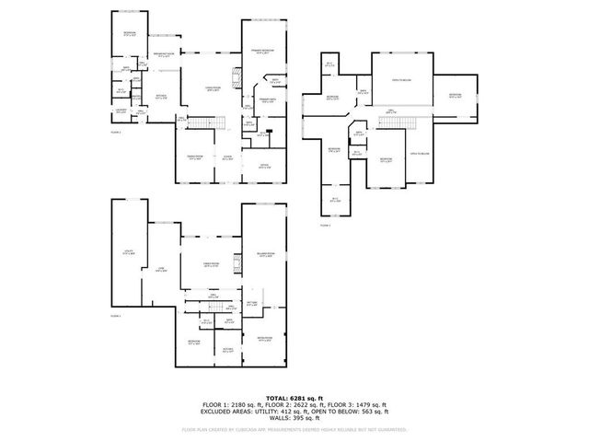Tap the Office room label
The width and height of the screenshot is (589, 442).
click(x=264, y=167)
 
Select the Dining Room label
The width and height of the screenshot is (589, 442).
click(x=195, y=157)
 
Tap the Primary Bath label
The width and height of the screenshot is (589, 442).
click(x=268, y=99)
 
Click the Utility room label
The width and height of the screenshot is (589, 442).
click(x=129, y=250)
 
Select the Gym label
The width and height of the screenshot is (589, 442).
click(x=160, y=270)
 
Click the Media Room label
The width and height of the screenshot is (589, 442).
click(x=265, y=338)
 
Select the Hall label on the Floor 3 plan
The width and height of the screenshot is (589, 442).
click(x=391, y=110)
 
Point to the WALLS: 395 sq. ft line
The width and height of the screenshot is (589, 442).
click(x=294, y=419)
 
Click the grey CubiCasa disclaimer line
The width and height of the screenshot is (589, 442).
click(x=294, y=429)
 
